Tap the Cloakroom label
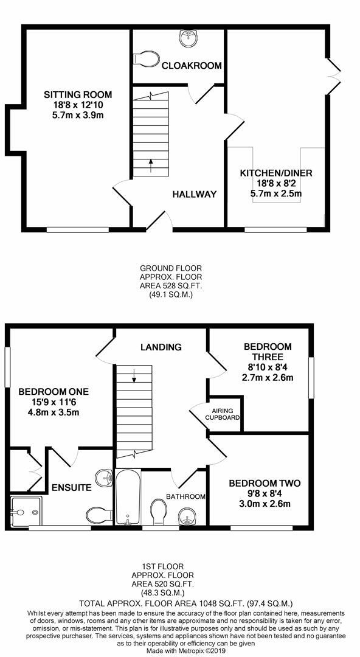pyautogui.click(x=191, y=65)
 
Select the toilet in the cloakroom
pyautogui.click(x=146, y=58)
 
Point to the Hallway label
pyautogui.click(x=194, y=194)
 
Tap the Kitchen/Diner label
pyautogui.click(x=275, y=173)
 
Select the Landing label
pyautogui.click(x=161, y=347)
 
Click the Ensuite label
pyautogui.click(x=71, y=487)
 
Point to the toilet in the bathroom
pyautogui.click(x=157, y=511)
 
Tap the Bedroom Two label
pyautogui.click(x=265, y=484)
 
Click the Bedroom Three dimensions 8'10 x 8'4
pyautogui.click(x=268, y=367)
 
